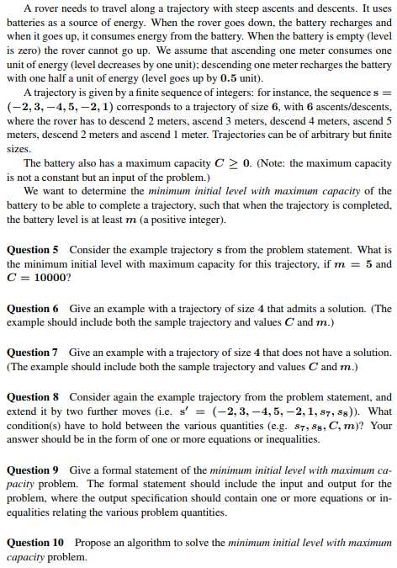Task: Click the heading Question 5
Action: pyautogui.click(x=33, y=250)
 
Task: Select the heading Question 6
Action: pyautogui.click(x=33, y=309)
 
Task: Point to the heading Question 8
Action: pyautogui.click(x=33, y=396)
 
